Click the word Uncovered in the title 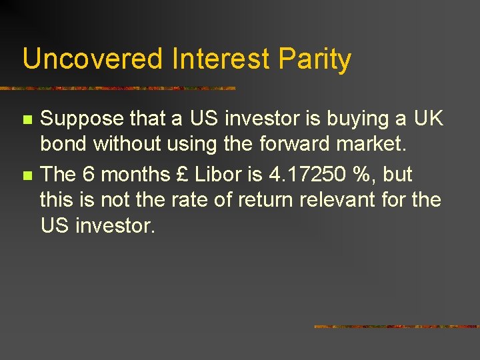click(93, 59)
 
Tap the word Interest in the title click(220, 59)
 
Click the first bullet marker click(27, 120)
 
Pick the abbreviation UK click(427, 119)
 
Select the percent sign click(366, 175)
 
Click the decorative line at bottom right click(396, 327)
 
